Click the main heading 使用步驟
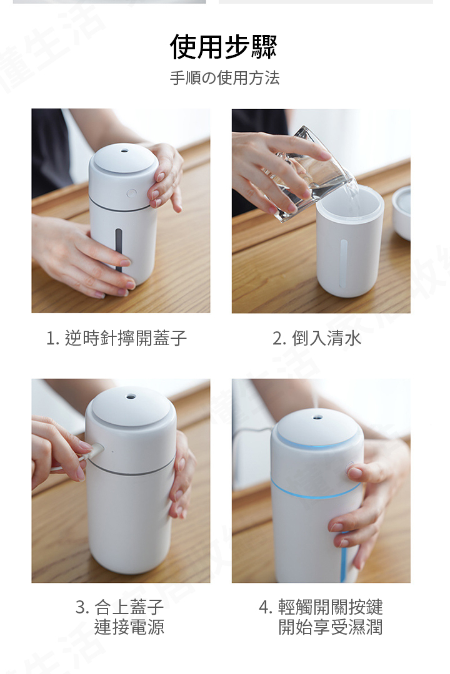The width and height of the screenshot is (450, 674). (x=224, y=46)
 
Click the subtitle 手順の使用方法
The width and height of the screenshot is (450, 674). (x=224, y=78)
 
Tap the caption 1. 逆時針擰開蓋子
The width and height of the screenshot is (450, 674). (x=116, y=338)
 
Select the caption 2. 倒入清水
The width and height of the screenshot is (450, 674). (x=316, y=338)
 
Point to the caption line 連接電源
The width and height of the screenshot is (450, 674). (x=129, y=627)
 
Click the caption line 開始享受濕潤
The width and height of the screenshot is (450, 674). (x=330, y=627)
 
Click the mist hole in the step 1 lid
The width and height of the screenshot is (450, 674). (x=125, y=151)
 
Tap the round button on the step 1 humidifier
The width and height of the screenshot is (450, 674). (x=131, y=193)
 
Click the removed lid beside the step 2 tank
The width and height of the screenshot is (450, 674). (x=401, y=213)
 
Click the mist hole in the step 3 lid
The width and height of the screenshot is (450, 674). (x=130, y=396)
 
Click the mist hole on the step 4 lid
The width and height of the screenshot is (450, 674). (x=317, y=418)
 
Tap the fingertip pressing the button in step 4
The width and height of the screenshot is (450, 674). (x=354, y=472)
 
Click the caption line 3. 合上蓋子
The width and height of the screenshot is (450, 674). (x=119, y=607)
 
